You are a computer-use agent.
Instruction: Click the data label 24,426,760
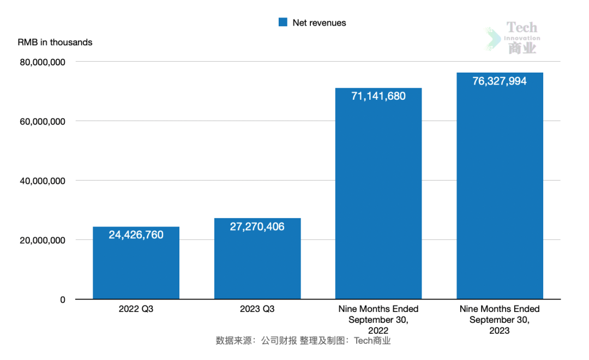136,235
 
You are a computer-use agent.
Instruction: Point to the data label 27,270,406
257,226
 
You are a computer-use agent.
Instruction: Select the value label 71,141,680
378,97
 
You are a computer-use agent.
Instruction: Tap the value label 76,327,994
500,81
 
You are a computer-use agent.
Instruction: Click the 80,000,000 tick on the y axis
43,62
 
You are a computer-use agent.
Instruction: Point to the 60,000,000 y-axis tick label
43,122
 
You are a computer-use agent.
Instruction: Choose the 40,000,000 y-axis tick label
43,181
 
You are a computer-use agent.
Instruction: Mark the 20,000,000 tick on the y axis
43,241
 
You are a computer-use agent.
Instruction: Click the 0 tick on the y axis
62,299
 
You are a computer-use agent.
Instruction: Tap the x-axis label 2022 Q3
136,309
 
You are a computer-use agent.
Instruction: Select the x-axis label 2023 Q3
257,309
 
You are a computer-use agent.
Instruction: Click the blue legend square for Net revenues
283,22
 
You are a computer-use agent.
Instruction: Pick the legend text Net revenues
319,23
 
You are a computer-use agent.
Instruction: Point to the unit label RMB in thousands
55,43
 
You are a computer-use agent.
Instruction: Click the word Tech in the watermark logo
521,27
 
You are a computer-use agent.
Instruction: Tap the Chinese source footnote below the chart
303,341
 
